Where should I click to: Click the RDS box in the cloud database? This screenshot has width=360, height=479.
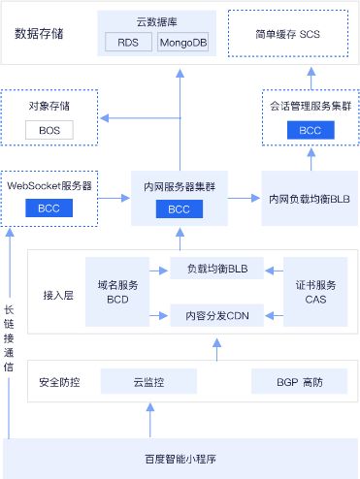(x=127, y=44)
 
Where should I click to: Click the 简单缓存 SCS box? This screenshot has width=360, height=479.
(x=288, y=34)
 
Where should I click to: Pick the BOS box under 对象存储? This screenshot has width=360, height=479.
(x=49, y=130)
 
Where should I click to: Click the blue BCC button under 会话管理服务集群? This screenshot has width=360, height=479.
(x=310, y=130)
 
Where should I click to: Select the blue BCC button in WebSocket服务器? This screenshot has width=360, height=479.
(x=49, y=208)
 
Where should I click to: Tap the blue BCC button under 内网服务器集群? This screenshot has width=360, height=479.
(x=179, y=209)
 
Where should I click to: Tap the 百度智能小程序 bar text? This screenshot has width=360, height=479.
(x=180, y=456)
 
